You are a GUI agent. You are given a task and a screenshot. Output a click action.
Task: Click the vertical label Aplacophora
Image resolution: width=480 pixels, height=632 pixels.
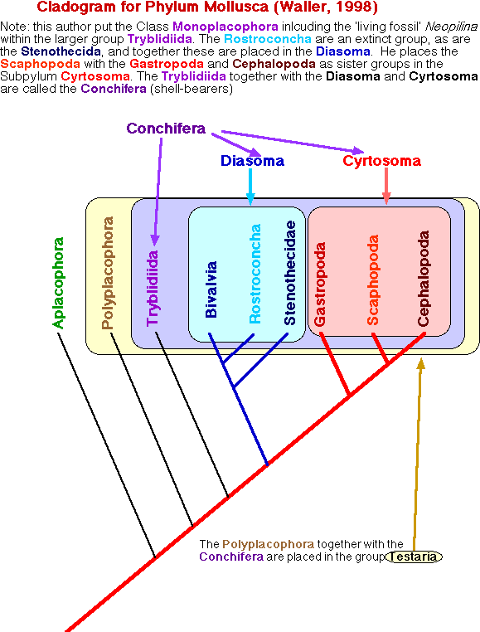58,283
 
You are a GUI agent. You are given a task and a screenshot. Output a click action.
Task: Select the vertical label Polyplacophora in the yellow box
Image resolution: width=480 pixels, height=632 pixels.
108,273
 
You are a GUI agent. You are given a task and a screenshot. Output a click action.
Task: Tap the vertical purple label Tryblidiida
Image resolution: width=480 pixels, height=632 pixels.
153,288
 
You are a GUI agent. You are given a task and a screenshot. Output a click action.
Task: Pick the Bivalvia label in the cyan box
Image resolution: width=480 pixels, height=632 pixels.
211,289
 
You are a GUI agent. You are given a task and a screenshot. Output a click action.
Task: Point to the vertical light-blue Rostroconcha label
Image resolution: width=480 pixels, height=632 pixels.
255,274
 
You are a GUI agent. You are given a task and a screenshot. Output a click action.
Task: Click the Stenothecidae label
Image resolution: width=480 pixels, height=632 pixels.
290,273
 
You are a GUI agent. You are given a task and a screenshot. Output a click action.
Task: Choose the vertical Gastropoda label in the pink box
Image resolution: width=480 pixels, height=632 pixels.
320,284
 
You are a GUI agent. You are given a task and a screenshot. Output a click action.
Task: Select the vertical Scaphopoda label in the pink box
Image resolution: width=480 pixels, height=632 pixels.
373,280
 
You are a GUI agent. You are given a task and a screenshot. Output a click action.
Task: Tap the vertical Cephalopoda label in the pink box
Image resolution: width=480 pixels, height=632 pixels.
423,278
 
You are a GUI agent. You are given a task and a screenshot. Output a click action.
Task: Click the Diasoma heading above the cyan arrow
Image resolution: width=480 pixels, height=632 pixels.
252,160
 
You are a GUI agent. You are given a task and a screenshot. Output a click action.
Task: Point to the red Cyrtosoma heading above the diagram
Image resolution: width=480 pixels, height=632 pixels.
381,160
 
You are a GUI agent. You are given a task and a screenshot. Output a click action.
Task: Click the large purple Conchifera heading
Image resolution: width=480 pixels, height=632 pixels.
166,129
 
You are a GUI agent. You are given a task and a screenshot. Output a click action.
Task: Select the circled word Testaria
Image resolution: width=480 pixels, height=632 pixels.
414,557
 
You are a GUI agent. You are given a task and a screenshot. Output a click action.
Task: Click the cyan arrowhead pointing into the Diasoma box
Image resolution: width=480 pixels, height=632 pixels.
250,200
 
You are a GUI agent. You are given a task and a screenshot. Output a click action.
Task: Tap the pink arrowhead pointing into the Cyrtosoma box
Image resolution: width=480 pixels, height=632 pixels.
386,199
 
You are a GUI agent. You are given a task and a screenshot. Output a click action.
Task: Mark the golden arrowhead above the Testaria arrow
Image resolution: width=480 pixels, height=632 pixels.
421,363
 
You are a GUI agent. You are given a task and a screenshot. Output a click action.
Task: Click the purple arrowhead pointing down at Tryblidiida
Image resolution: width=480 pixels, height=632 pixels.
155,241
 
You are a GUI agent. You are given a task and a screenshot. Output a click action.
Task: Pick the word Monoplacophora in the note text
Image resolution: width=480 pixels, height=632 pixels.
225,27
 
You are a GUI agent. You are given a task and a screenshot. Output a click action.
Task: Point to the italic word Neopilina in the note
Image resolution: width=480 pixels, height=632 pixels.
451,27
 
